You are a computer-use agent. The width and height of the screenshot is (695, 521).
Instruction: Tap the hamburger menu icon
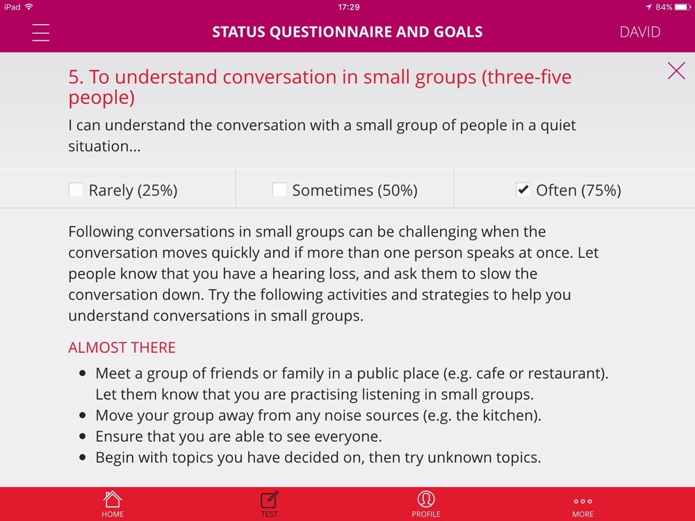tap(40, 33)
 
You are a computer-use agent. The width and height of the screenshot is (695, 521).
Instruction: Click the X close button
tap(676, 70)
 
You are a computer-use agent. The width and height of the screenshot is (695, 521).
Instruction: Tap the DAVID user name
tap(639, 32)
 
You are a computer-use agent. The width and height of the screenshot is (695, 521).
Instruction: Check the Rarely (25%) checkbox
tap(76, 190)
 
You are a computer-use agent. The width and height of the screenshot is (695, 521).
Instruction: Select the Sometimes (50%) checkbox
tap(279, 190)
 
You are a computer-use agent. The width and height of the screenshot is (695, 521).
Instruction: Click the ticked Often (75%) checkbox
tap(523, 190)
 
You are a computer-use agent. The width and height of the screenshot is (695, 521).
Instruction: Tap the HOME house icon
tap(113, 499)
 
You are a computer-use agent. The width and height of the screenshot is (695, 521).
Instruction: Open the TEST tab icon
tap(269, 499)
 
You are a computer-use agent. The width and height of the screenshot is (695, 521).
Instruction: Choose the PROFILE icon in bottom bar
tap(426, 499)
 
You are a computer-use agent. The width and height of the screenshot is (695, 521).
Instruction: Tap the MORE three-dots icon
tap(583, 502)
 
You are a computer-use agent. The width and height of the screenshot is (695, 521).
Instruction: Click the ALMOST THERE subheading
tap(122, 347)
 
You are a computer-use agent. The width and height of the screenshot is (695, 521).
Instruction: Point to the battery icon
tap(682, 7)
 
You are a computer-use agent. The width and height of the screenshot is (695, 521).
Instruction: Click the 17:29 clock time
tap(348, 7)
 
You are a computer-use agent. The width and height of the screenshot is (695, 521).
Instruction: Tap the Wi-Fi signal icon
tap(28, 7)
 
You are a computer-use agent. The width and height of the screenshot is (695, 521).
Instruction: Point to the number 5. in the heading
tap(76, 77)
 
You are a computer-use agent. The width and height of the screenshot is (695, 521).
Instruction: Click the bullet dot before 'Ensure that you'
tap(83, 436)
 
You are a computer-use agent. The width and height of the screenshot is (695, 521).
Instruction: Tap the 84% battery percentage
tap(664, 7)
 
